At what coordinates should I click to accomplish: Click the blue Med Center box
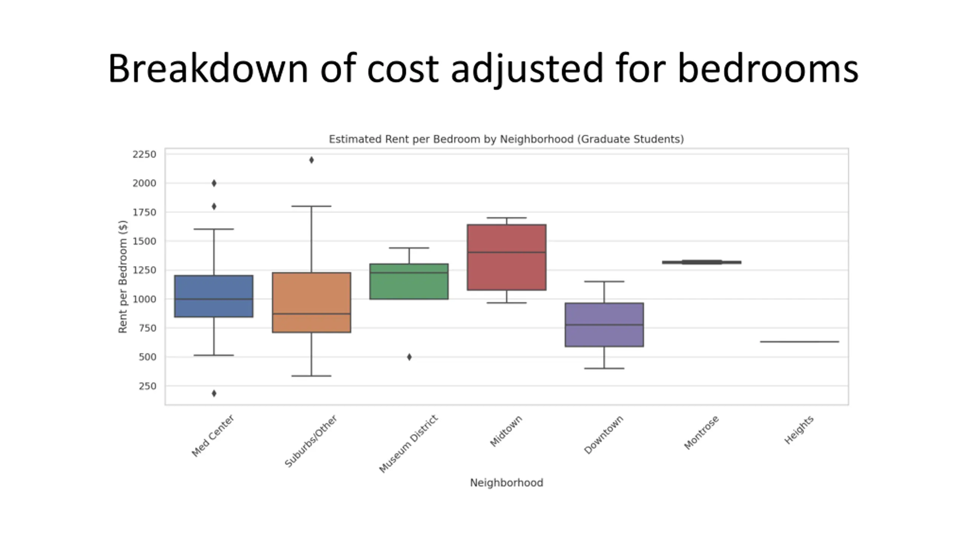click(x=213, y=296)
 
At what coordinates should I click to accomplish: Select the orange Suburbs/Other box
click(x=311, y=302)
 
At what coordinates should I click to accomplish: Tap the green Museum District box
click(x=409, y=281)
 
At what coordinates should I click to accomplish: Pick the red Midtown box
click(x=506, y=257)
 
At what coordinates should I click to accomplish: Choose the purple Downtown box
click(x=604, y=325)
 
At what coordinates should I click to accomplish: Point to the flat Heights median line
click(x=799, y=342)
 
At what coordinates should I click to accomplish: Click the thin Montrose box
click(x=701, y=262)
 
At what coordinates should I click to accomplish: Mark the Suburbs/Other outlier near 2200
click(x=311, y=160)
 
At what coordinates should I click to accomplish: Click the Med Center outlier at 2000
click(x=214, y=183)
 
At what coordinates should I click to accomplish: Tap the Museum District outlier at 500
click(x=409, y=357)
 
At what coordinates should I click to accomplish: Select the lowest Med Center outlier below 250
click(x=214, y=393)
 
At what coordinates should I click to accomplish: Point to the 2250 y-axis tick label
click(x=144, y=154)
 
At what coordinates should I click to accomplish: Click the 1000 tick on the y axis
click(x=144, y=299)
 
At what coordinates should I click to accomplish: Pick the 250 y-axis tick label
click(x=147, y=386)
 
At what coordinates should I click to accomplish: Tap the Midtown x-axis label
click(x=506, y=431)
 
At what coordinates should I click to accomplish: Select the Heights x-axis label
click(x=799, y=430)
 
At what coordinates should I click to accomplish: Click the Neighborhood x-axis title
click(x=506, y=483)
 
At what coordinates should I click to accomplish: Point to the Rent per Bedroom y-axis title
click(x=123, y=277)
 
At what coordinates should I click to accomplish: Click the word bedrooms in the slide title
click(x=768, y=69)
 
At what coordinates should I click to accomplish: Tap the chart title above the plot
click(x=506, y=139)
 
